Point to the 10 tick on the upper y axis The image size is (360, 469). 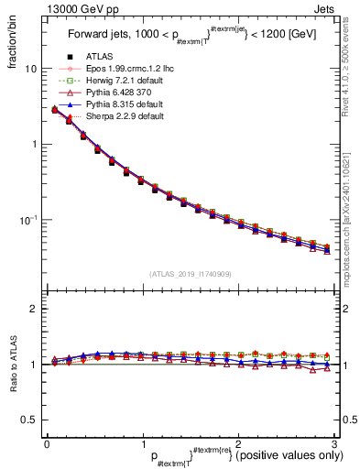(30, 69)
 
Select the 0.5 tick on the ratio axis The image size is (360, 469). (27, 420)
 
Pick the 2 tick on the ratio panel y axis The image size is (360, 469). (33, 310)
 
